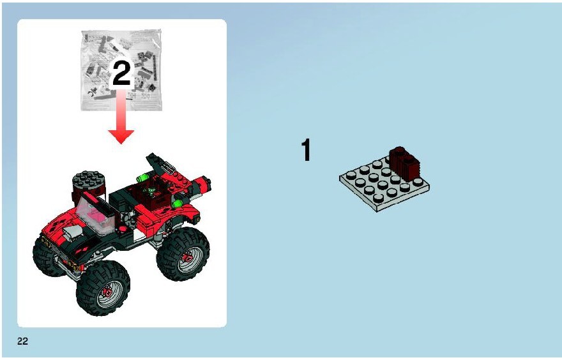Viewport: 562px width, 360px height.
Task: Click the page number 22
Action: pyautogui.click(x=22, y=341)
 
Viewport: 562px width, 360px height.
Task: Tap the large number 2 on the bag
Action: pyautogui.click(x=121, y=73)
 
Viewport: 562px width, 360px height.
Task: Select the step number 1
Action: pyautogui.click(x=306, y=150)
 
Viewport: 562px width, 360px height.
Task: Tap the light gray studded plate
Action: pyautogui.click(x=384, y=184)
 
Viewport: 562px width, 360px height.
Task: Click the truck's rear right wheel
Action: pyautogui.click(x=183, y=253)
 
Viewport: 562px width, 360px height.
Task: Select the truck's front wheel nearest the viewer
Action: pyautogui.click(x=103, y=288)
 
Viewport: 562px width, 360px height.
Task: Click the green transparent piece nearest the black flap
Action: pyautogui.click(x=143, y=177)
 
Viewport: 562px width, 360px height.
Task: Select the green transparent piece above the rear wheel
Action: pyautogui.click(x=176, y=204)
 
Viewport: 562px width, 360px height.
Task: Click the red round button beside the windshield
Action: pyautogui.click(x=123, y=229)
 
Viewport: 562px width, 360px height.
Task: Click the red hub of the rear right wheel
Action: pyautogui.click(x=186, y=257)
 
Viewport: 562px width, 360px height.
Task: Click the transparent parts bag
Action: pyautogui.click(x=121, y=70)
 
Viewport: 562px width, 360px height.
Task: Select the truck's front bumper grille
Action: pyautogui.click(x=61, y=257)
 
